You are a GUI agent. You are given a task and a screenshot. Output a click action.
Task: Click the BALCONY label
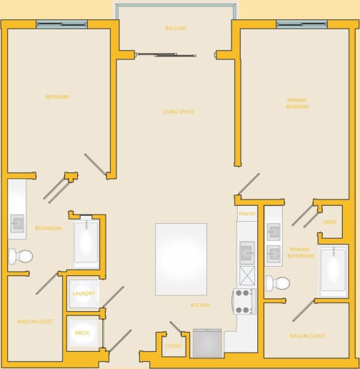coord(176,29)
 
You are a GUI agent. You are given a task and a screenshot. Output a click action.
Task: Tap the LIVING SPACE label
coord(178,112)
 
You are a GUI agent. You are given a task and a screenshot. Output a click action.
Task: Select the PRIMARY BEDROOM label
coord(297,103)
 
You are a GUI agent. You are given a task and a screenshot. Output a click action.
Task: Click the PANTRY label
coord(247,213)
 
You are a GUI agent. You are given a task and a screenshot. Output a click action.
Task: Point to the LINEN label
coord(329,222)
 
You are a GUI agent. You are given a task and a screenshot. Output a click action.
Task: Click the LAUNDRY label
coord(84,294)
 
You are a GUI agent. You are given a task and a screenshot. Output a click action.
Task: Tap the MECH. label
coord(81,333)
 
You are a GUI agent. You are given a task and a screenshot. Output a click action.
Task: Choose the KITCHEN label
coord(200,305)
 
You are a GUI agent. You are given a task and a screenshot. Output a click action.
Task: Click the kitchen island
coord(181,259)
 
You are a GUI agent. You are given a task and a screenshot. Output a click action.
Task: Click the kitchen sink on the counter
coord(246,252)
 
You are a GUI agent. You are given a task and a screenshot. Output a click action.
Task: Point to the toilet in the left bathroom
coord(21,255)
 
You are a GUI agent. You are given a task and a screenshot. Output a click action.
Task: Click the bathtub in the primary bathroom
coord(334,271)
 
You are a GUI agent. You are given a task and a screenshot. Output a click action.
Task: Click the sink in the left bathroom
coord(17,224)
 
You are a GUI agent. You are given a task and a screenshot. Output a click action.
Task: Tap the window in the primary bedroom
coord(301,24)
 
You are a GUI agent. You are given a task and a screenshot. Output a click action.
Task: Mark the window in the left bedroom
coord(61,24)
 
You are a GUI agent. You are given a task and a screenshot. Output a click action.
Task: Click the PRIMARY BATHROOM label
coord(300,252)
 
